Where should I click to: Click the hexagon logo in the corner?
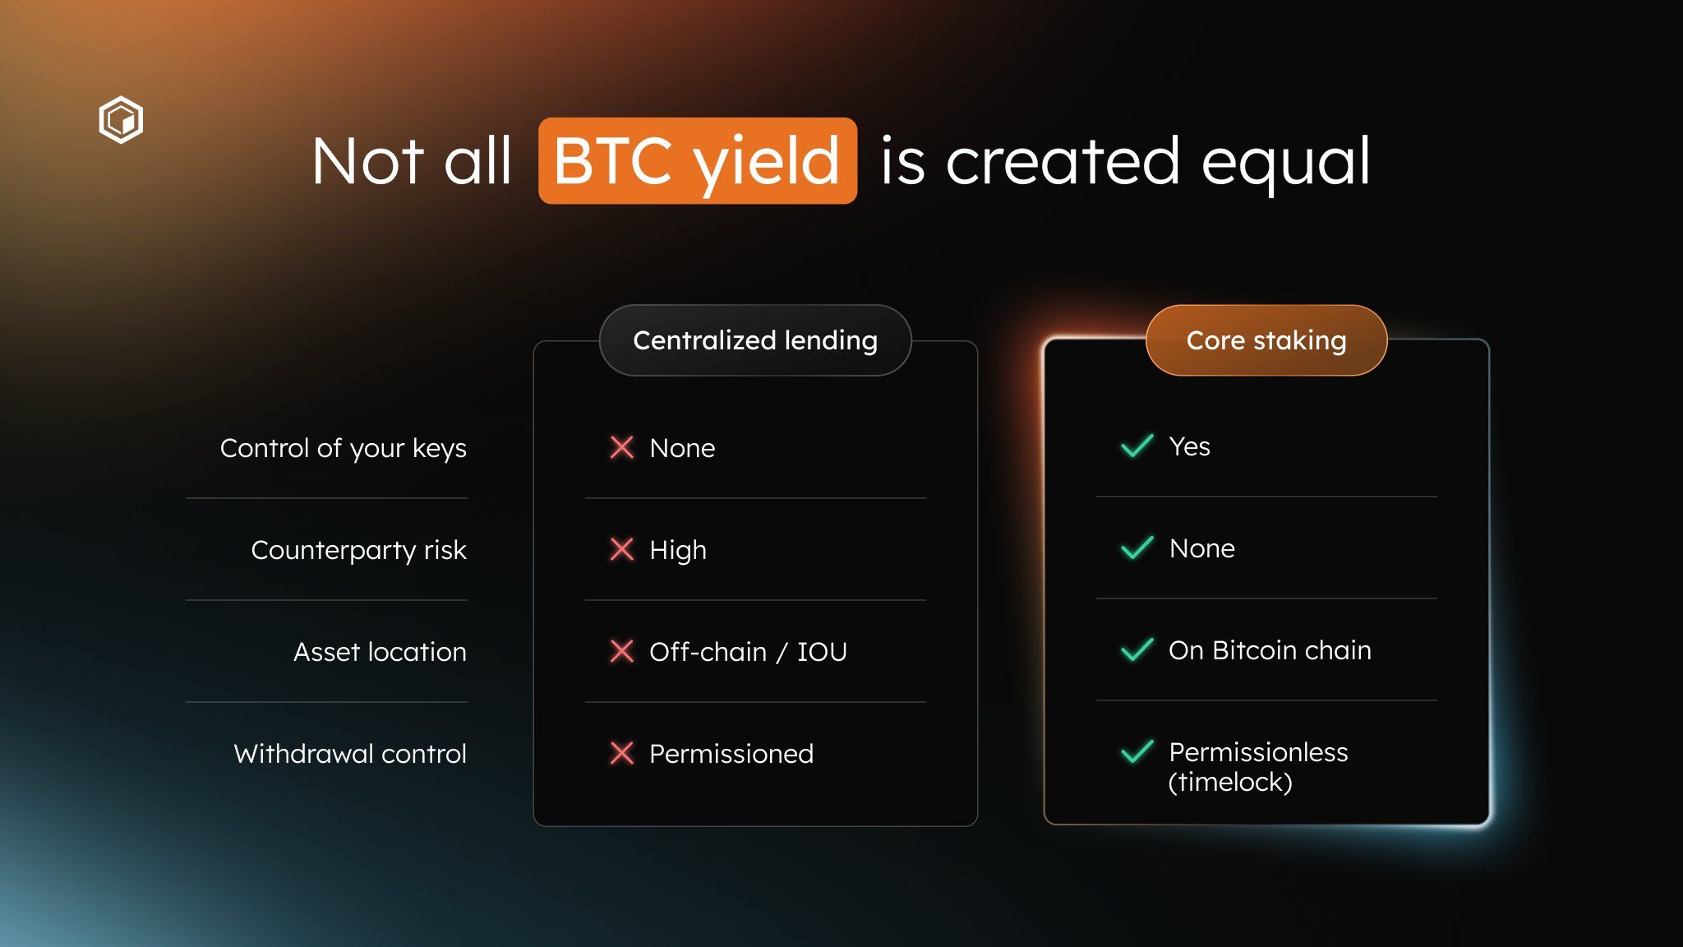tap(121, 120)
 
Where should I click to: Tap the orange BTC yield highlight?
tap(697, 161)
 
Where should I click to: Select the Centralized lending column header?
tap(754, 340)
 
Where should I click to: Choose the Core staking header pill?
tap(1266, 340)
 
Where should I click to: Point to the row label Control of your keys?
tap(343, 448)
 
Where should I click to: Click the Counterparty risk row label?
tap(358, 550)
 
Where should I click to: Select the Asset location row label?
tap(380, 652)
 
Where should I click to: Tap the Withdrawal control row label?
tap(350, 754)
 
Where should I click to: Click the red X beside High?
tap(622, 549)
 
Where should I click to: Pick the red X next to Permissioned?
tap(622, 753)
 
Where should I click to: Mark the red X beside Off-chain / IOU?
tap(622, 651)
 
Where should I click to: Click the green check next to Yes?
tap(1137, 446)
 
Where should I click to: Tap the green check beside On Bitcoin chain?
tap(1137, 649)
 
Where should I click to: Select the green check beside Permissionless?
tap(1137, 751)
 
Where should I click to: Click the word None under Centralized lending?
tap(682, 448)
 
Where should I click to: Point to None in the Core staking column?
tap(1201, 548)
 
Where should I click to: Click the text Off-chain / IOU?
tap(748, 652)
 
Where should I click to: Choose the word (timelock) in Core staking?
tap(1230, 782)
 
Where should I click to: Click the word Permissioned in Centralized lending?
tap(731, 754)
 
